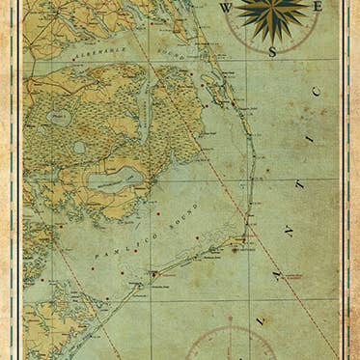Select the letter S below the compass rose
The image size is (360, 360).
click(x=272, y=50)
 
